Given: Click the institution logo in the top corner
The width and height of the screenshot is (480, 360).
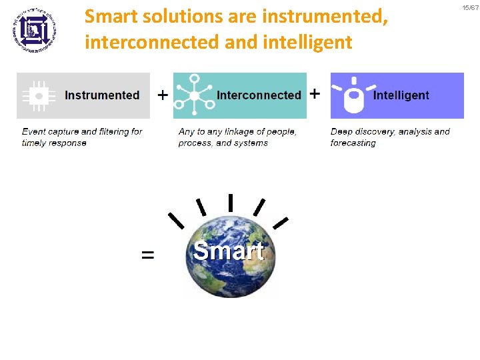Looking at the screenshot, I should (x=34, y=29).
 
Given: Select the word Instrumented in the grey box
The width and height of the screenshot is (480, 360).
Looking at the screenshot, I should (x=102, y=95).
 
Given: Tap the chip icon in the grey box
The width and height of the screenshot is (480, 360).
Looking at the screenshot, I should (x=39, y=96).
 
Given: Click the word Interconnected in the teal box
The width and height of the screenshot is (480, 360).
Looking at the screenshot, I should (x=259, y=95).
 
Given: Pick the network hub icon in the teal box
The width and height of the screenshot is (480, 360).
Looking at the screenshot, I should (x=194, y=95).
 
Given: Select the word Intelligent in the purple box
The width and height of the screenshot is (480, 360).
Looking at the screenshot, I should (x=401, y=95).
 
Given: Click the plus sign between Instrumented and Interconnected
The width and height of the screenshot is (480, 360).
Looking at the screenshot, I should (x=162, y=95).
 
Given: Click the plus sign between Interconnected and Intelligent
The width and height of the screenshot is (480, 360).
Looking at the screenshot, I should (x=315, y=93).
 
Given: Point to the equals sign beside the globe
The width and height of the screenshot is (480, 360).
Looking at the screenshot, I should (x=147, y=255).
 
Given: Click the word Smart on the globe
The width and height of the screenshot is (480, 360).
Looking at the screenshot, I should (x=229, y=251).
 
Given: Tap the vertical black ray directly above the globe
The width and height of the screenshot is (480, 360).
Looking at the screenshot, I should (x=230, y=202).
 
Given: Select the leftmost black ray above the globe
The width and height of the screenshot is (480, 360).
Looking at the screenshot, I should (x=176, y=220).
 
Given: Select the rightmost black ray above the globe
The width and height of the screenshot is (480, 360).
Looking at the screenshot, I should (x=281, y=222).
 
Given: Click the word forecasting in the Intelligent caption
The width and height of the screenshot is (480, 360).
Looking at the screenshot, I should (x=353, y=143).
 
